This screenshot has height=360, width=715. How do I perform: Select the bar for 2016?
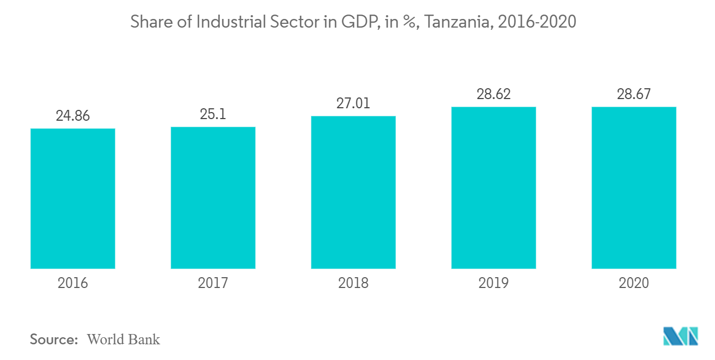(73, 199)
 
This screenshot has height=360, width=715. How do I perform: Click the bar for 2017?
(213, 198)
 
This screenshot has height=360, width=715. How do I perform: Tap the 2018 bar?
(353, 192)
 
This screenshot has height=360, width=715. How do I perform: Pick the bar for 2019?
(493, 188)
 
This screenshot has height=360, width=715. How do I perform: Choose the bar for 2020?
(634, 188)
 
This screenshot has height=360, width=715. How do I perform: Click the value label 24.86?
(73, 116)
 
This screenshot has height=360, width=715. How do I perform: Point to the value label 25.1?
(213, 114)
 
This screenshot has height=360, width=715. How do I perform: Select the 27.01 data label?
(353, 103)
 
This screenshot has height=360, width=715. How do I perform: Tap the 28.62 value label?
(493, 94)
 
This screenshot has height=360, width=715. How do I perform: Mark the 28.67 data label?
(634, 94)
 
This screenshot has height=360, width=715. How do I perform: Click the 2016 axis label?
(73, 283)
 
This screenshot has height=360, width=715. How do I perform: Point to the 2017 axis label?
(213, 283)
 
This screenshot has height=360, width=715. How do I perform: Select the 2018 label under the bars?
(353, 283)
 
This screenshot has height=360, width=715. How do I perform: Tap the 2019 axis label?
(493, 283)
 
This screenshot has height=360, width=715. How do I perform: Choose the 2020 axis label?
(634, 283)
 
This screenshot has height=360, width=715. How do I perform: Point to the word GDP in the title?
(361, 22)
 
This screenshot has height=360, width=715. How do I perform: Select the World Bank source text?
(123, 339)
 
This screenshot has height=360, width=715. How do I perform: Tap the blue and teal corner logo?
(681, 336)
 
